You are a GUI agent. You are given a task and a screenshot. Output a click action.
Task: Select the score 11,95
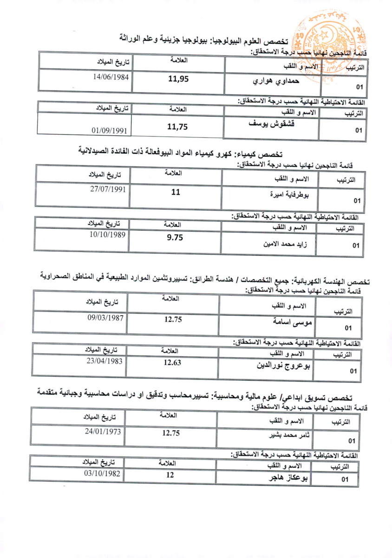coord(178,79)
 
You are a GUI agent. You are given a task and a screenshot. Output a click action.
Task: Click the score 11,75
coord(177,126)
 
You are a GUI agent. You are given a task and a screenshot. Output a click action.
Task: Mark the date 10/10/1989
coord(107,235)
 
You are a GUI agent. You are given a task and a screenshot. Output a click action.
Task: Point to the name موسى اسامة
coord(291,321)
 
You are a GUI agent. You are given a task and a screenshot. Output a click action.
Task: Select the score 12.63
coord(172,363)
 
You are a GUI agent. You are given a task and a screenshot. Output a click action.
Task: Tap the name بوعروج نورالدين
coord(285,365)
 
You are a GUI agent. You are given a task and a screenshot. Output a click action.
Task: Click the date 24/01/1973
coord(103,432)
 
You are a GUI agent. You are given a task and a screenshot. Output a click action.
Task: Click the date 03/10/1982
coord(102,474)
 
